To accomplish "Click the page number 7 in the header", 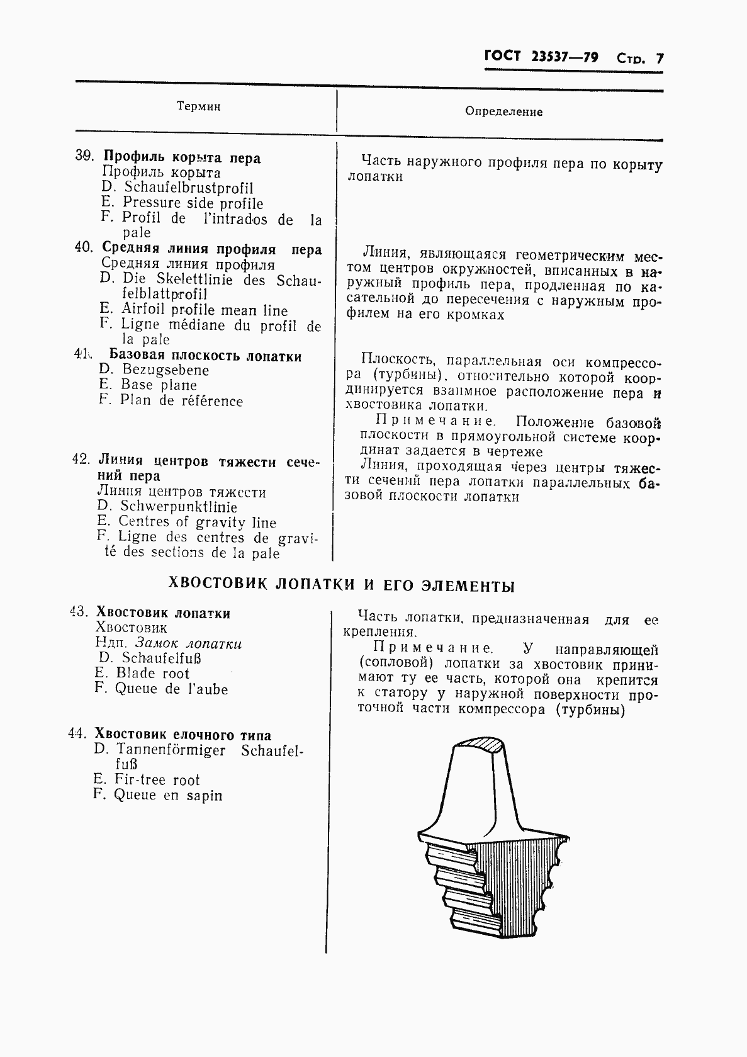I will [x=660, y=59].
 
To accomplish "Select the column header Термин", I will [x=198, y=107].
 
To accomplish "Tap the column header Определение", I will [x=503, y=112].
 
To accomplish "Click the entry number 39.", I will [x=84, y=156].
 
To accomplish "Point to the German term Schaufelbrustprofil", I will [x=188, y=188].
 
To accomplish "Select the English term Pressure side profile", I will [x=193, y=203].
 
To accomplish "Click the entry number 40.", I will [x=84, y=247].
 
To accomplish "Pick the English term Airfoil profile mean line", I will [x=204, y=310].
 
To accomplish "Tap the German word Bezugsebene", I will [x=165, y=370].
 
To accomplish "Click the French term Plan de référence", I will [x=181, y=401].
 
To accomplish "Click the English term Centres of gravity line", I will [x=197, y=522].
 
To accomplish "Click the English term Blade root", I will [x=152, y=673].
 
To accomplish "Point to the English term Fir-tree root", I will [x=157, y=780].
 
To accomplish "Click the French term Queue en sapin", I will [x=167, y=795].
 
